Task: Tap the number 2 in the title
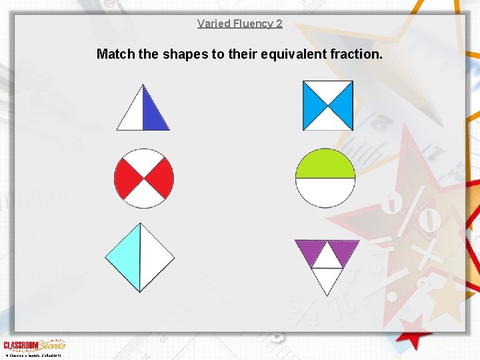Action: click(279, 23)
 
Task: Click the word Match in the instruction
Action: click(115, 53)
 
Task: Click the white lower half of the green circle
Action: click(325, 191)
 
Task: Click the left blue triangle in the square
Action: click(312, 105)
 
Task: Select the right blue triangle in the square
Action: click(343, 105)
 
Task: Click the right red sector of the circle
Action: click(163, 179)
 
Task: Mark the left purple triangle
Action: click(309, 249)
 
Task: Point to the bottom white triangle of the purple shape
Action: click(327, 279)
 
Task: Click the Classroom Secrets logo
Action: click(34, 345)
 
